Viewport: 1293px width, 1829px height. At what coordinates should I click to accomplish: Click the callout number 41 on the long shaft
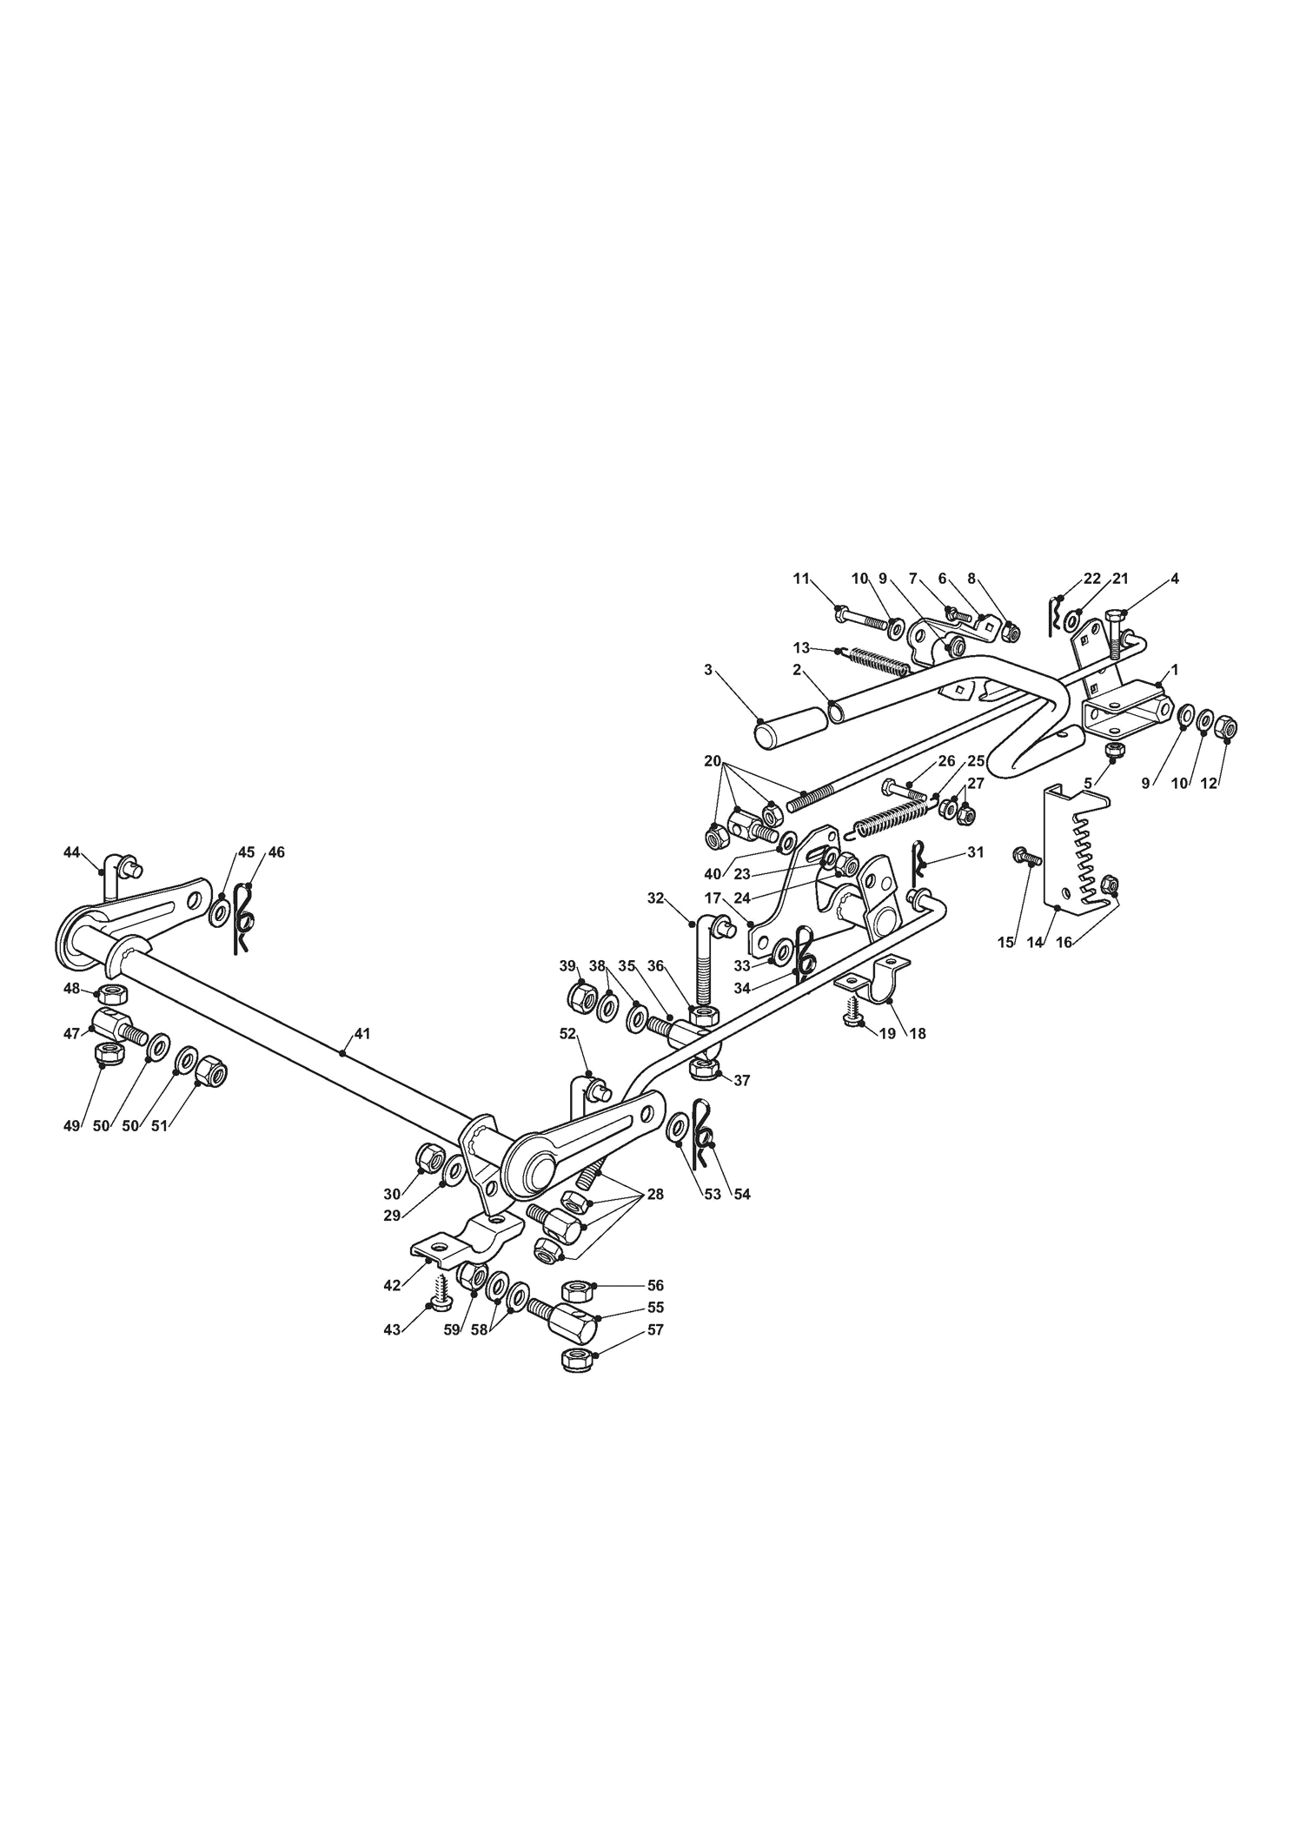click(x=362, y=1033)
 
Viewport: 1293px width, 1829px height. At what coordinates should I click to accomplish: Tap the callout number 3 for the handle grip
click(x=708, y=669)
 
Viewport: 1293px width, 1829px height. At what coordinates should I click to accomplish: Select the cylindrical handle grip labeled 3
click(x=790, y=726)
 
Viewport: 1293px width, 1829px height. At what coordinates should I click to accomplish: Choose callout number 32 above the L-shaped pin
click(x=655, y=898)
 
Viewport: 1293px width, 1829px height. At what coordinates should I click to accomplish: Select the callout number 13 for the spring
click(x=801, y=647)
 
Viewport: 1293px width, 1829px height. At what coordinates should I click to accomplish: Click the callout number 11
click(x=801, y=578)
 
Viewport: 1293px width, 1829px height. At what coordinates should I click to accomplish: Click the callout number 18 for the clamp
click(x=918, y=1033)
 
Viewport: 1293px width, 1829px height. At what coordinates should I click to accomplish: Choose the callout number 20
click(x=713, y=760)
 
